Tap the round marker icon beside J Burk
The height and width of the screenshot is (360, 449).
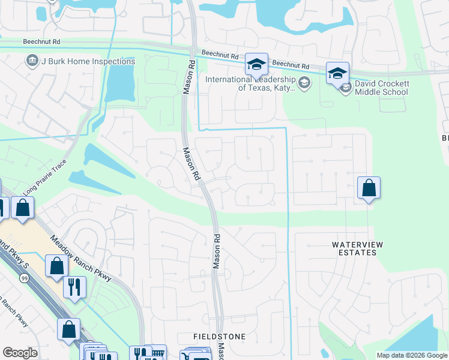(x=32, y=61)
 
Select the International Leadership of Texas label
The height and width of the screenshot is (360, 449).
(x=250, y=83)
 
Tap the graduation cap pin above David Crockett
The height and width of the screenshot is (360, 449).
(x=337, y=74)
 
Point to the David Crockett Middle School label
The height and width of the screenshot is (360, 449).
(x=381, y=88)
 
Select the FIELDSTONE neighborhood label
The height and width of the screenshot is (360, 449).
(x=219, y=337)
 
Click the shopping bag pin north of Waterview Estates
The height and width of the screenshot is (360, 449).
(x=369, y=188)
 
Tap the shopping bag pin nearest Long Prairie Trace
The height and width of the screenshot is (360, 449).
(x=23, y=209)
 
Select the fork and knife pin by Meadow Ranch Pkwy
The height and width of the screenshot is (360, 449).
(x=75, y=286)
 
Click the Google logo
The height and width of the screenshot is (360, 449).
(x=20, y=353)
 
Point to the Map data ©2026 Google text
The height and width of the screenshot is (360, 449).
(x=411, y=355)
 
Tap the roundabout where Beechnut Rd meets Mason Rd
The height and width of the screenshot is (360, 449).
(x=193, y=50)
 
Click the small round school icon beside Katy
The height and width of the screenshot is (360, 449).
(x=304, y=83)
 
